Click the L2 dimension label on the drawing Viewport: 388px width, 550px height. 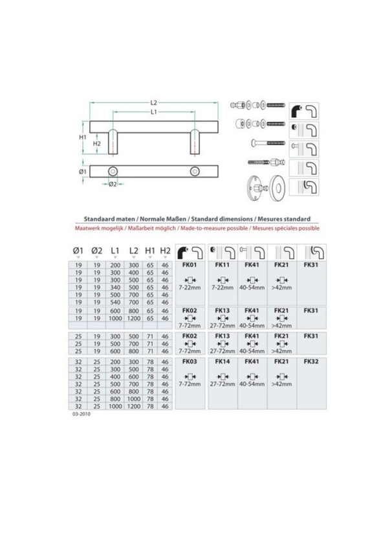click(x=154, y=102)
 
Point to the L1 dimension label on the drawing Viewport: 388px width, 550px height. click(x=154, y=111)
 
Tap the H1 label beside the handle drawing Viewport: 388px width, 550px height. click(x=83, y=137)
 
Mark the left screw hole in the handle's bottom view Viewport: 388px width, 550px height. click(x=114, y=171)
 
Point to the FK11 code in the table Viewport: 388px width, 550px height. click(x=222, y=265)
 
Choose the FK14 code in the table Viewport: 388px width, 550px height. click(x=222, y=361)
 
